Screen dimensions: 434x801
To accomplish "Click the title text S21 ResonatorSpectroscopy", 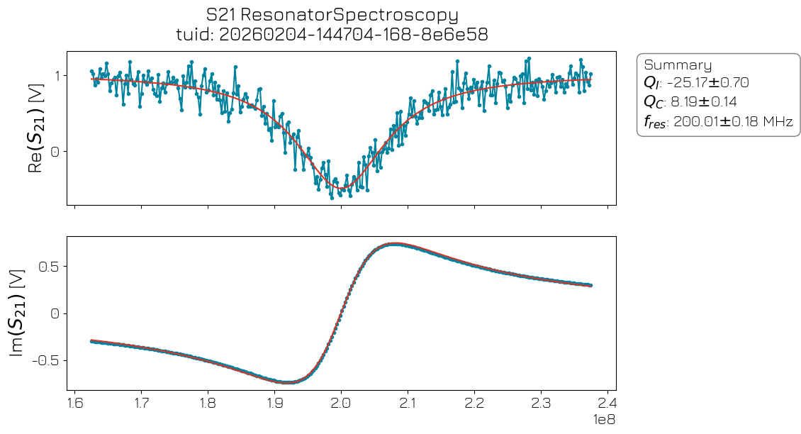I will [332, 14].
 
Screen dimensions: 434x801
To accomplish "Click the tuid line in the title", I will [332, 34].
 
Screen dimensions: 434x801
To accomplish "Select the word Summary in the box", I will [678, 65].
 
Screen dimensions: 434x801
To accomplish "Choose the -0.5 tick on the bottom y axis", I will [46, 360].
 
